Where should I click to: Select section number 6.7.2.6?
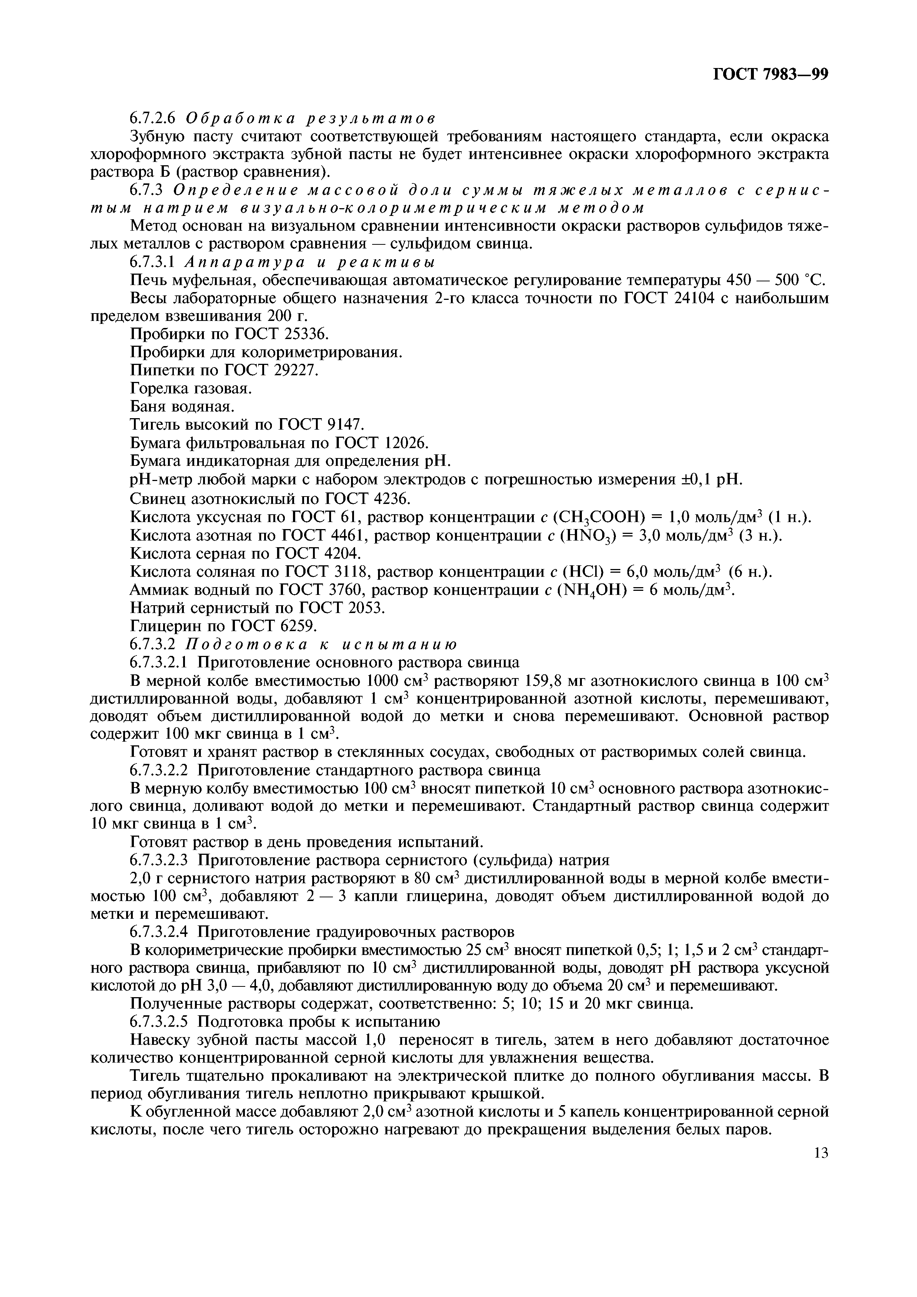tap(153, 118)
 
